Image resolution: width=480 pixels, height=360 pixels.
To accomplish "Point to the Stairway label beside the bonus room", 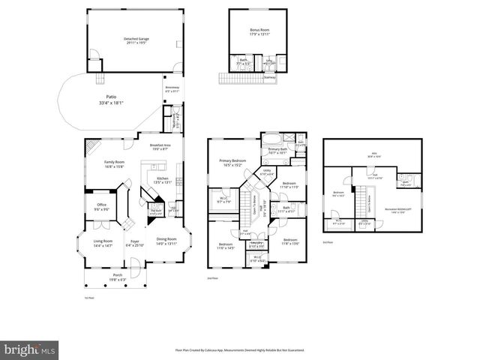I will [269, 76].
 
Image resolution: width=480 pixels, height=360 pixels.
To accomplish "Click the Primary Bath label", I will [278, 151].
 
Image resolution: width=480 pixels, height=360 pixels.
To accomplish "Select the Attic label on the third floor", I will [373, 154].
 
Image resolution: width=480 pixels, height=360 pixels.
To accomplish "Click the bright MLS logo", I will [29, 350].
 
